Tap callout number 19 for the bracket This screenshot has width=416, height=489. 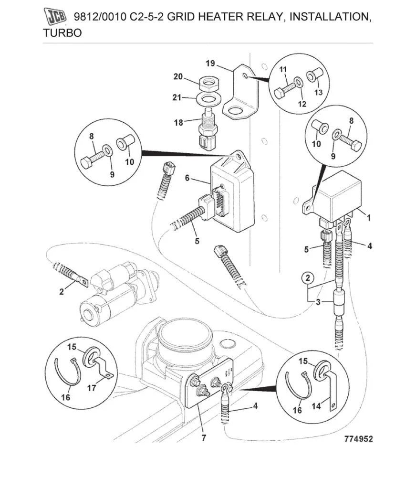(210, 63)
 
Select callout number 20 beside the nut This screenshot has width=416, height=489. (177, 77)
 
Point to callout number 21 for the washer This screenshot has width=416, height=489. (177, 98)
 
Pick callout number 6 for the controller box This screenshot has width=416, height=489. (187, 178)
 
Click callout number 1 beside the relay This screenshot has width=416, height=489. (368, 217)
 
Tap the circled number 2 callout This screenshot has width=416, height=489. (308, 278)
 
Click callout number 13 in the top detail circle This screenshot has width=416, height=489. (318, 92)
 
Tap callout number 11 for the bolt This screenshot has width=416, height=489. (283, 70)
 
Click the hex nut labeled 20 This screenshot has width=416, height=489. (208, 85)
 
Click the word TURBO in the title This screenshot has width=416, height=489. (62, 33)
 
